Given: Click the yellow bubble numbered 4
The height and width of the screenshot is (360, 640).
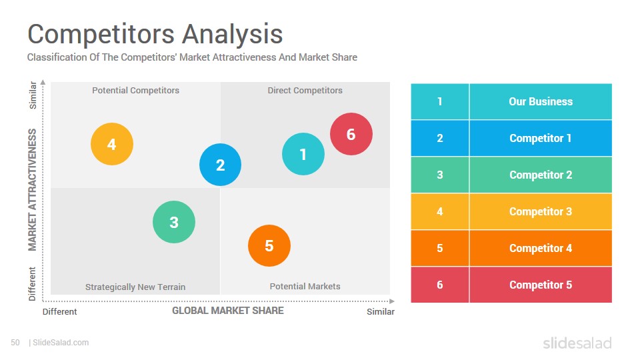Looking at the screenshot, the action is coord(112,144).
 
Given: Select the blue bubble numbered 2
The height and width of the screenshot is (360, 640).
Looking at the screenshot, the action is coord(221,165).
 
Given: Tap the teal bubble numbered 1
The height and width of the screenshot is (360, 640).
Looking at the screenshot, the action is coord(303,154).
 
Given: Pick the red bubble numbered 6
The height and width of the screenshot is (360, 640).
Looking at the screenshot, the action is coord(351,134).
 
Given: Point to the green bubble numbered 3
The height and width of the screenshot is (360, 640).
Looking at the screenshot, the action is coord(174,222).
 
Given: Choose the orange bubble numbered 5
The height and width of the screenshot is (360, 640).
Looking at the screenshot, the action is coord(269,246).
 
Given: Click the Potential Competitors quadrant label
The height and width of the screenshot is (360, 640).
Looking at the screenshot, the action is coord(135,91).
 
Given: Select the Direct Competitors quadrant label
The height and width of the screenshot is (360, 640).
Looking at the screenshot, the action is coord(305,91).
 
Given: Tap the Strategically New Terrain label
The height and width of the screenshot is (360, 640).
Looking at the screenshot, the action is coord(135,287).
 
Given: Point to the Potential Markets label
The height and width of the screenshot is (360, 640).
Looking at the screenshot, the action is coord(305,287).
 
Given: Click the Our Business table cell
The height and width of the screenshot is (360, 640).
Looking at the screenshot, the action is coord(541,101).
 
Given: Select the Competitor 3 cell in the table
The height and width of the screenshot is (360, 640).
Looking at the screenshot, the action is coord(541,211).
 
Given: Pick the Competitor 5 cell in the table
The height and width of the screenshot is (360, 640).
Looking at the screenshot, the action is coord(541,285).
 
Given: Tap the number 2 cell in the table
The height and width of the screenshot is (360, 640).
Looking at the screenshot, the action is coord(440,139).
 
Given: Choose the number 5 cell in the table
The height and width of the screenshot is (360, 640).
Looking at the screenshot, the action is coord(440,248).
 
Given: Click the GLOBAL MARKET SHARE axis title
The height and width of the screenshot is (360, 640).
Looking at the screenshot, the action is coord(228,311).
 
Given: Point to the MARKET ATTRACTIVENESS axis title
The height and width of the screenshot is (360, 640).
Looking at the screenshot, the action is coord(32,190).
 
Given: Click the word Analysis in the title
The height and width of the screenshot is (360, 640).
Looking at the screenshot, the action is coord(232,34).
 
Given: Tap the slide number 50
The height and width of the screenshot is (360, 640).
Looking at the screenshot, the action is coord(15,343).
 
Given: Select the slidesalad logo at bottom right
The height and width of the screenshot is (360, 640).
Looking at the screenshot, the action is coord(577,343).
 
